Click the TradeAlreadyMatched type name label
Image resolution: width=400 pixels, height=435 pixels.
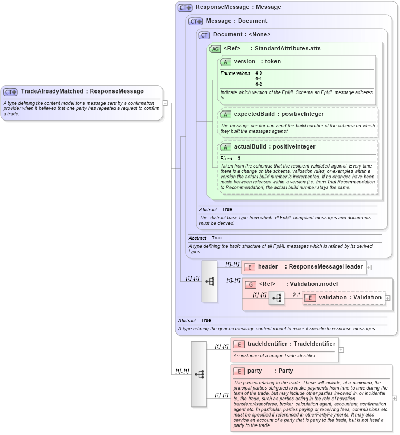[82, 91]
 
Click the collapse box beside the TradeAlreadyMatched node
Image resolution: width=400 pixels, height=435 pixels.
[165, 103]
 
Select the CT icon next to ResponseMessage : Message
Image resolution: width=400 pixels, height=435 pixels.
[185, 7]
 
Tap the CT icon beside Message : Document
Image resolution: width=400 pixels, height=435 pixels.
[196, 21]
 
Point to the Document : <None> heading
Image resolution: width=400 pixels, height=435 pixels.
[241, 35]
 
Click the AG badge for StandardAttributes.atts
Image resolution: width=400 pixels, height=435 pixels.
[215, 49]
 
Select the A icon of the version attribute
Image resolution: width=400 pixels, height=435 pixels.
[225, 62]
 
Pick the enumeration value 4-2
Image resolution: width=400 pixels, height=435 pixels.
[259, 84]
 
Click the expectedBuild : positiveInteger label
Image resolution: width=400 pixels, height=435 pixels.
[279, 114]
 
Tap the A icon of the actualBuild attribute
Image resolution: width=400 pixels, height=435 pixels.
[225, 147]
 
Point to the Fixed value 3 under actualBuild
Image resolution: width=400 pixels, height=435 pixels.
[239, 158]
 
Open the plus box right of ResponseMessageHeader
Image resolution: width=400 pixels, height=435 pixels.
[369, 267]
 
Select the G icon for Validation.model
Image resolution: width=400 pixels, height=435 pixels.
[250, 284]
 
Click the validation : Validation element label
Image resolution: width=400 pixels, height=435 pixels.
[349, 298]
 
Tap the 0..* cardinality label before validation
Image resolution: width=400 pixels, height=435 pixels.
[296, 294]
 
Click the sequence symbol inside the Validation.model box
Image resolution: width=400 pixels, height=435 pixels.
[276, 299]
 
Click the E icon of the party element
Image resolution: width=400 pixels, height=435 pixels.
[239, 371]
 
